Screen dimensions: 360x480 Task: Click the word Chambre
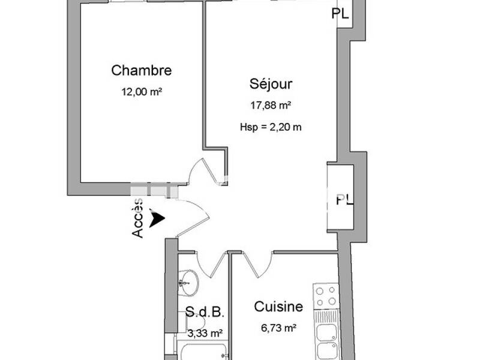tap(142, 71)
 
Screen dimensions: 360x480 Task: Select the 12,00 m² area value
tap(142, 92)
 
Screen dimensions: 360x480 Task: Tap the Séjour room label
tap(271, 83)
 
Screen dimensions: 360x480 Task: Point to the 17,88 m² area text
tap(271, 106)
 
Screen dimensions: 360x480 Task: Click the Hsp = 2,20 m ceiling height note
tap(271, 127)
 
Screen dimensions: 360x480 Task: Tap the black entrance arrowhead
tap(157, 218)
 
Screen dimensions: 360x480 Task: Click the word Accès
tap(138, 218)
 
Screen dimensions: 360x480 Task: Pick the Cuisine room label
tap(278, 307)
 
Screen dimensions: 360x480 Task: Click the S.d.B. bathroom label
tap(205, 312)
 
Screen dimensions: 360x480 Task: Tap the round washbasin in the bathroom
tap(188, 282)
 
